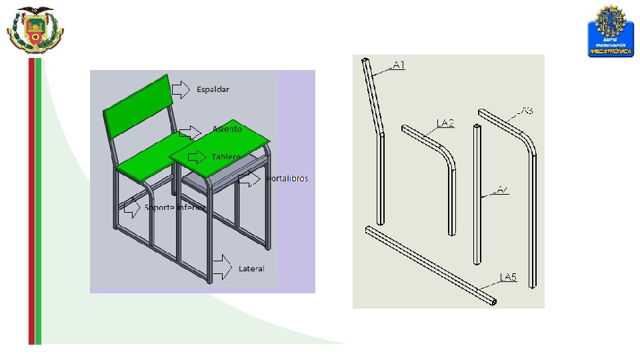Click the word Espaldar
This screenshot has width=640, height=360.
[213, 89]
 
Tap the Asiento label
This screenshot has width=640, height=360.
[227, 129]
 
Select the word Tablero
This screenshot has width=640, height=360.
[226, 157]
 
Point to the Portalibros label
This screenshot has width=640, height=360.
[287, 179]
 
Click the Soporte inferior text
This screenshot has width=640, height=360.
[175, 207]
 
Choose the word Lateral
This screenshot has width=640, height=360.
[251, 269]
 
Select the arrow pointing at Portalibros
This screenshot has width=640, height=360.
[249, 179]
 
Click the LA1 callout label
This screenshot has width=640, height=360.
[399, 65]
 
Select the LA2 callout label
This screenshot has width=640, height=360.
[445, 123]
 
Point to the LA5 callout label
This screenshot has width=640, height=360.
[509, 277]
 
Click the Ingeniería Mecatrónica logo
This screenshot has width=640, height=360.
[609, 31]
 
